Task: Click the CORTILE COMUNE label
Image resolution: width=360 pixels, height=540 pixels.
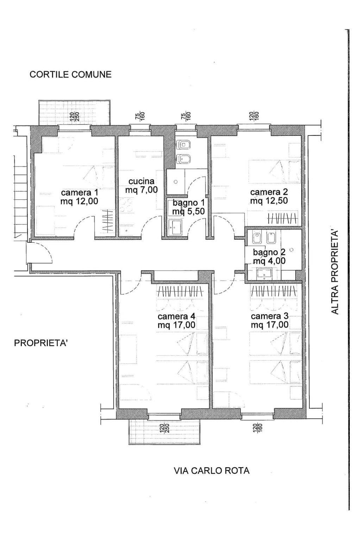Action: tap(70, 74)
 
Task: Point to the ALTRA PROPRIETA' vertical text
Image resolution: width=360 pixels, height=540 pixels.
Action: tap(335, 272)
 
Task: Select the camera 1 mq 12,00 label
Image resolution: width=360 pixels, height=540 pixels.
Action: tap(79, 197)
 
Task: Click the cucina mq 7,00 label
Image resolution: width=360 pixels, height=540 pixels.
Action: tap(141, 185)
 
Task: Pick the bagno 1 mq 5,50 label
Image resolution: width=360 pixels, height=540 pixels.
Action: tap(189, 207)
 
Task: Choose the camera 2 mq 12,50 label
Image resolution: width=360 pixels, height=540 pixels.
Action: tap(269, 196)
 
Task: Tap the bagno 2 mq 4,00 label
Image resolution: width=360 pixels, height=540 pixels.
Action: tap(269, 256)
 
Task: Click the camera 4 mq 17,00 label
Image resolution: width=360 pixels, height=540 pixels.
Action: tap(176, 320)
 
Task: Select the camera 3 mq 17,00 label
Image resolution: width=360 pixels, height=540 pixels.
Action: tap(270, 320)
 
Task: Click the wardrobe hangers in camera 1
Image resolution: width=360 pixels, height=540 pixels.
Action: tap(108, 220)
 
